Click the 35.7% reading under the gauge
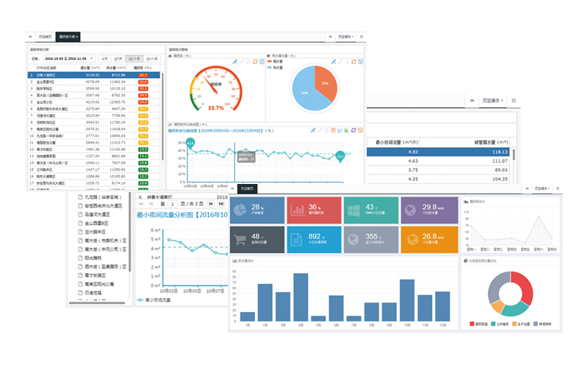click(x=216, y=107)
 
